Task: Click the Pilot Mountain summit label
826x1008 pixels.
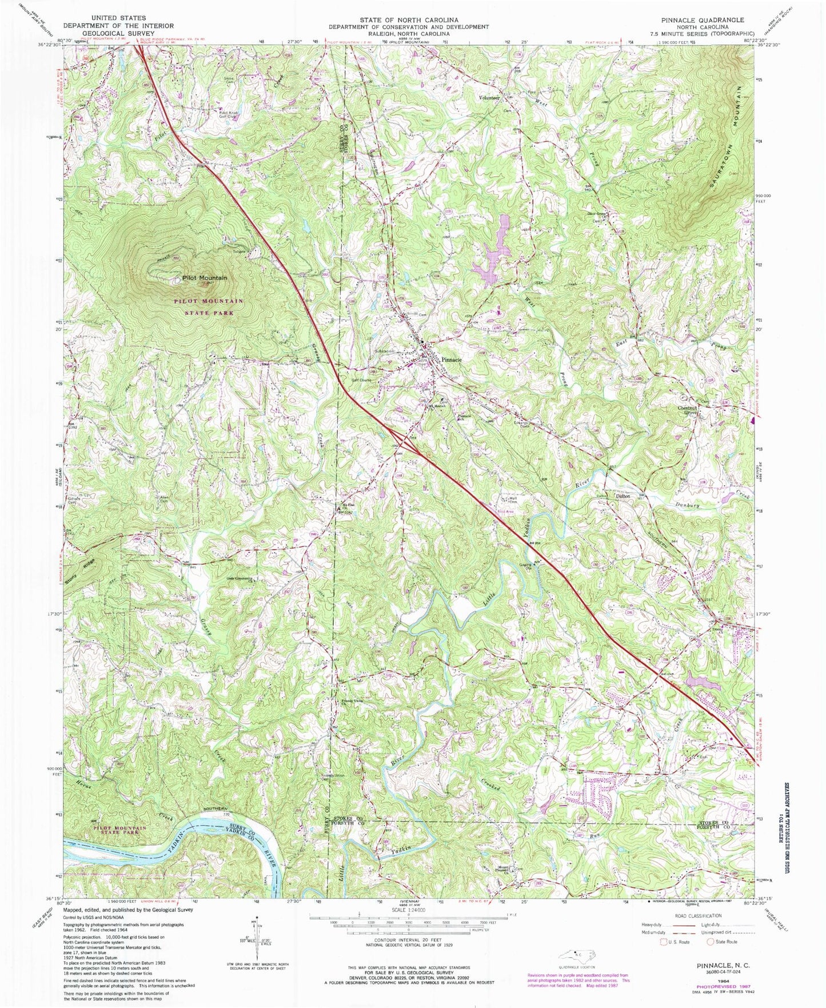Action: pos(204,278)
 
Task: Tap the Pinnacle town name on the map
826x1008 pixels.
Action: pos(456,361)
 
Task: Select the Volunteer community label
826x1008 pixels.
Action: pos(489,98)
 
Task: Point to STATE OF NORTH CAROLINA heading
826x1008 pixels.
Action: pos(408,19)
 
